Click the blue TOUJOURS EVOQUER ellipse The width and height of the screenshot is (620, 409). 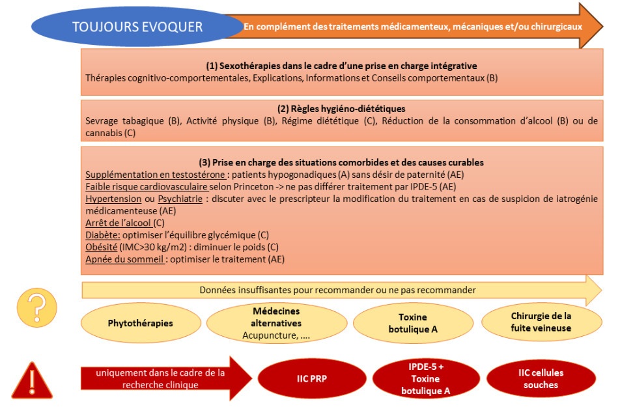click(x=137, y=27)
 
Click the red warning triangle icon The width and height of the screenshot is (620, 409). click(x=32, y=379)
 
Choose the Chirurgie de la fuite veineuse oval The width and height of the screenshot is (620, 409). click(x=541, y=322)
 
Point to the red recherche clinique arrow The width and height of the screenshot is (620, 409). click(x=163, y=378)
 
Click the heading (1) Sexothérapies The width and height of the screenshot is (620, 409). click(x=341, y=66)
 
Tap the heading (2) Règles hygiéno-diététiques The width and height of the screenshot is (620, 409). click(x=341, y=109)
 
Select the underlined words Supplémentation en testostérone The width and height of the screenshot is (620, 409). click(x=138, y=175)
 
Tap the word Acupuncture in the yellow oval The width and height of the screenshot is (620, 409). click(x=268, y=335)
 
